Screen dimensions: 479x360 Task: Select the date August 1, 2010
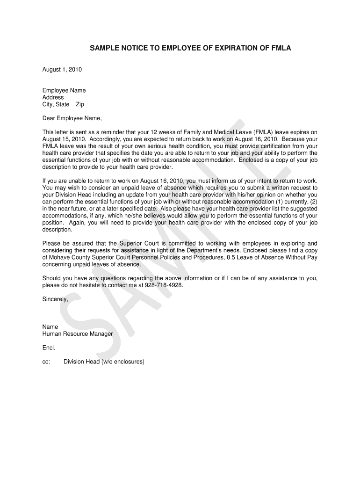coord(62,70)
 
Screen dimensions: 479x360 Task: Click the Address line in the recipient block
coord(53,97)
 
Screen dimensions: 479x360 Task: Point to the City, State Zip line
coord(63,104)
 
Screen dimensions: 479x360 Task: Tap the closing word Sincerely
coord(55,299)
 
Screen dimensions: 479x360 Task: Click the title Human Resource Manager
coord(78,334)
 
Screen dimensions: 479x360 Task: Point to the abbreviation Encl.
coord(49,348)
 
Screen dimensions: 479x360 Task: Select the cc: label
coord(46,362)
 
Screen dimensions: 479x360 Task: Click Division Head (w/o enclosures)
coord(104,362)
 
